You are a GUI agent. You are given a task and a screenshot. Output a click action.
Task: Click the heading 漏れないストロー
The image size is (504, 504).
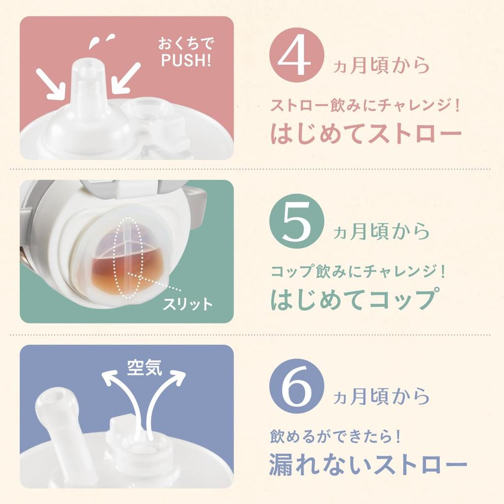click(x=367, y=465)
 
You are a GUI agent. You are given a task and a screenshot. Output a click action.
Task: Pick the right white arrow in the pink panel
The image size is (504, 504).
click(x=125, y=78)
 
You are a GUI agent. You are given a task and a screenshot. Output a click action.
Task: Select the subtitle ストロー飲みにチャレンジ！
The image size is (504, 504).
click(x=366, y=106)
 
